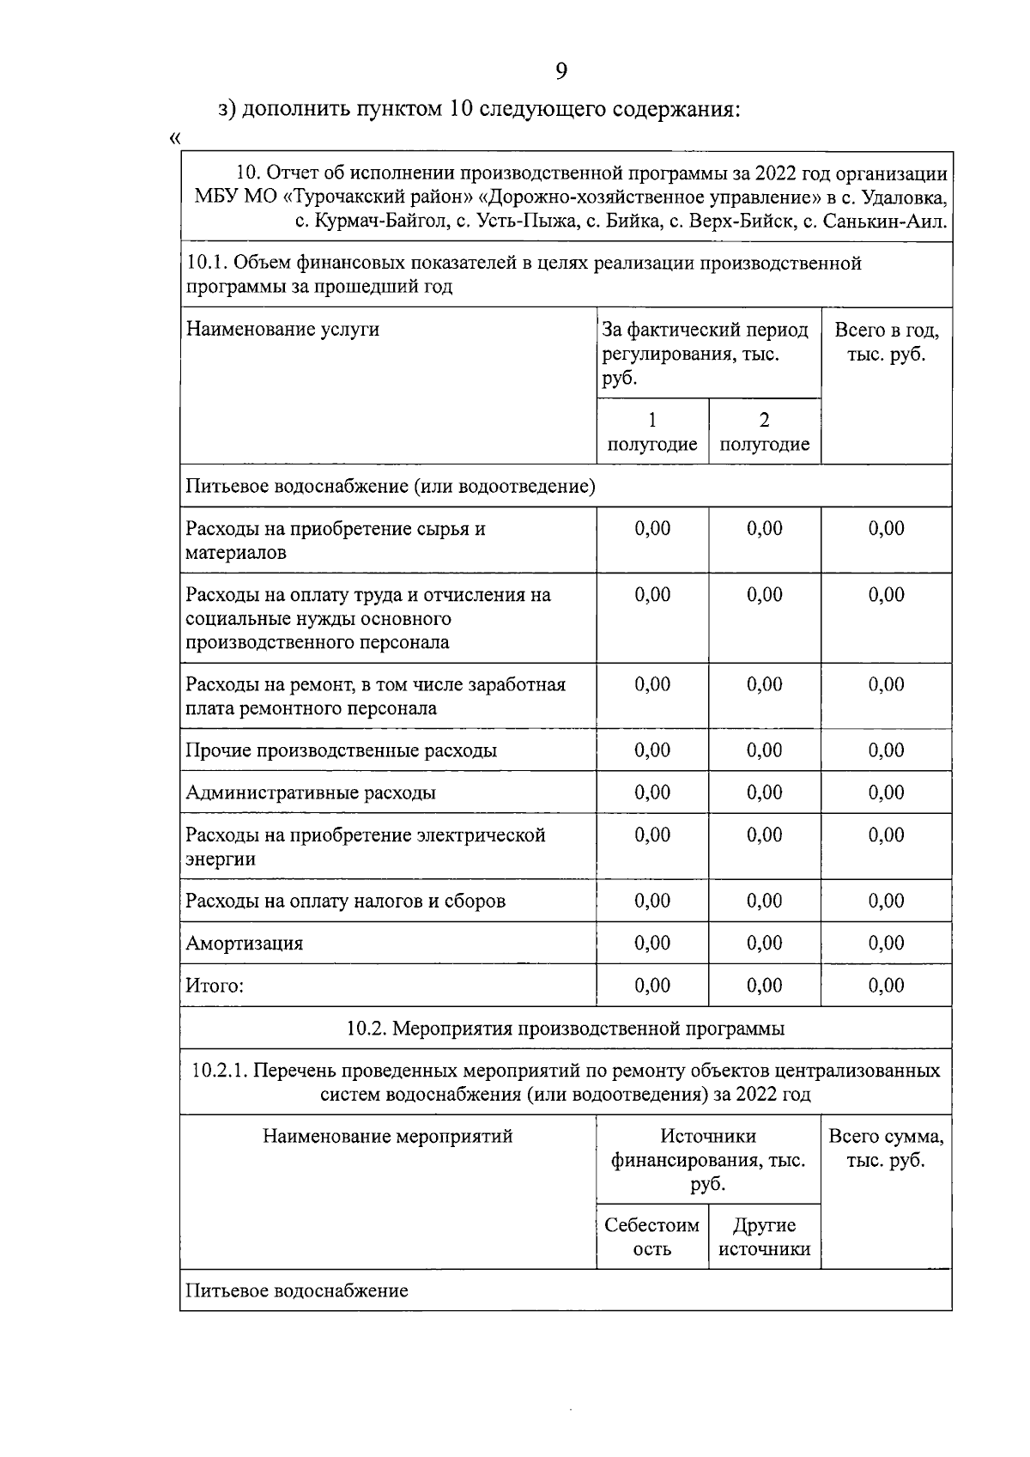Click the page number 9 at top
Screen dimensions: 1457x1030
[561, 71]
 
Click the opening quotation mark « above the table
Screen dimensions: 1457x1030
[176, 138]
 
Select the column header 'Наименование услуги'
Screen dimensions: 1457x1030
[282, 330]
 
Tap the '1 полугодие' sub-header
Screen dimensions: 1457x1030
[652, 432]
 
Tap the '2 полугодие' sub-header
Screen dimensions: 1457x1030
[764, 432]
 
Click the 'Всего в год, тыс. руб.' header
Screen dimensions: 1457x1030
[886, 343]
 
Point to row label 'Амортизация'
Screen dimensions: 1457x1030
[245, 944]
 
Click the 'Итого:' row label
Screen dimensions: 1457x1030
[215, 986]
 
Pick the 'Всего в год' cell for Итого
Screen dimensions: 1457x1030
[886, 986]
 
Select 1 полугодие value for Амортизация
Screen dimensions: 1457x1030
[652, 944]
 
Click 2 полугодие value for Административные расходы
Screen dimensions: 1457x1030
[764, 792]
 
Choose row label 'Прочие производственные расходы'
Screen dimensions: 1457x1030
[341, 750]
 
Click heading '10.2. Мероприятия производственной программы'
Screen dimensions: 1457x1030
[565, 1029]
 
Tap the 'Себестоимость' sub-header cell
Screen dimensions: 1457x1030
[652, 1237]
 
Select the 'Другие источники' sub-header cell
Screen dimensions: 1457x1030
[764, 1237]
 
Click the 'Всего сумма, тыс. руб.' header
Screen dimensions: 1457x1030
[886, 1149]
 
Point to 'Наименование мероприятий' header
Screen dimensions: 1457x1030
[387, 1137]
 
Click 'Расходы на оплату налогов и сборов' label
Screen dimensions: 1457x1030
[345, 902]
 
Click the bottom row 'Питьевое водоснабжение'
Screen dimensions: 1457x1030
[297, 1291]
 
